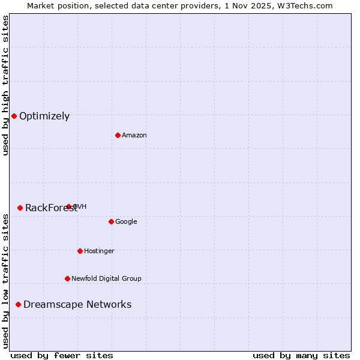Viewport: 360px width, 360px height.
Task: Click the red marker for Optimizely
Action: (14, 116)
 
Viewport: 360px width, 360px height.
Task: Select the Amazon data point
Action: (118, 135)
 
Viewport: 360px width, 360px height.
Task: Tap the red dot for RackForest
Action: (20, 208)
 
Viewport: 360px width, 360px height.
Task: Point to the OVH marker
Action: (68, 206)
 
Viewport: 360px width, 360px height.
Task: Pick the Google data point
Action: (111, 221)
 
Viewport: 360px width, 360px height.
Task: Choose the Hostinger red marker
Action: (80, 251)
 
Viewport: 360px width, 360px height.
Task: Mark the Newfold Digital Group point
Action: (67, 278)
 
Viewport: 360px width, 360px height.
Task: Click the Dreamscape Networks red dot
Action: (18, 305)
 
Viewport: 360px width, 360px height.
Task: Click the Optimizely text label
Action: (44, 116)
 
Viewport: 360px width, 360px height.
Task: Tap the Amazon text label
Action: (134, 136)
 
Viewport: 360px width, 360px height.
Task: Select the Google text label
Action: (126, 222)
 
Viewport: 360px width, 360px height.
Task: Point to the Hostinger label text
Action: (99, 251)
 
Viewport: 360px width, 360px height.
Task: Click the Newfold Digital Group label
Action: (106, 279)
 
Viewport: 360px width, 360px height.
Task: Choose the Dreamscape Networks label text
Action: (77, 305)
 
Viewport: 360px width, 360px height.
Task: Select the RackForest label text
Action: (50, 208)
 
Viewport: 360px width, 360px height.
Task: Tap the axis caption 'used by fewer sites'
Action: (62, 355)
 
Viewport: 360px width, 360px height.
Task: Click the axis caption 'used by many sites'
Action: (301, 355)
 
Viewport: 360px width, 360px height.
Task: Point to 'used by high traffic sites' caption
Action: (5, 85)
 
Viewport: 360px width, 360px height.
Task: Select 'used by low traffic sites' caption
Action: (5, 281)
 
